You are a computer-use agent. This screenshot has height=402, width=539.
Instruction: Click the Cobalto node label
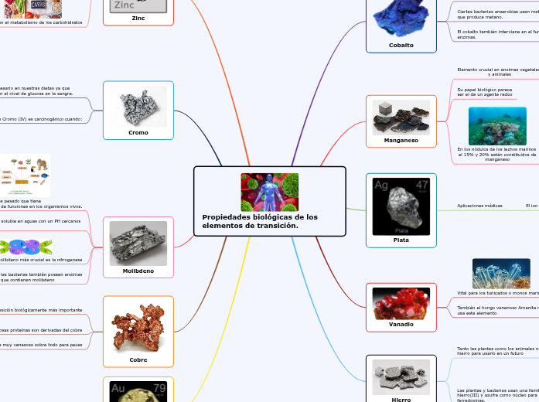(401, 45)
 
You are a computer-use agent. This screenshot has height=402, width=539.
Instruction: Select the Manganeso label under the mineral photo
(401, 140)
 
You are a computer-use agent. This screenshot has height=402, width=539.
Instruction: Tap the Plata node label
(401, 240)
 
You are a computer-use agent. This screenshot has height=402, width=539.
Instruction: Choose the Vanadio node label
(401, 324)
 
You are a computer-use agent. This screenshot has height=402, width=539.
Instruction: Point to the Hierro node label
(401, 399)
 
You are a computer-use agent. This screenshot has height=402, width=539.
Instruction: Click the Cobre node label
(138, 359)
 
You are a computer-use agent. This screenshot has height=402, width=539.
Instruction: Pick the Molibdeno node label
(138, 271)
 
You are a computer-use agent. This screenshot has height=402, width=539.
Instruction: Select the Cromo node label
(138, 132)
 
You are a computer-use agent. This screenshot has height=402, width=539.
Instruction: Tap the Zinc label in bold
(138, 18)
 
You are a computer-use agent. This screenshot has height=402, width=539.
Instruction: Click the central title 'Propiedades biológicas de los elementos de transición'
(260, 221)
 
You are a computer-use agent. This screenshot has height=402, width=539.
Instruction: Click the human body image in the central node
(269, 192)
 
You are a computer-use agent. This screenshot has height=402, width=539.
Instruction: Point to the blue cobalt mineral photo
(401, 17)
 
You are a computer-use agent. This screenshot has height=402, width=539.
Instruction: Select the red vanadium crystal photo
(401, 303)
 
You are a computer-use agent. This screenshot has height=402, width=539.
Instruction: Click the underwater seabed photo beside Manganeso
(497, 125)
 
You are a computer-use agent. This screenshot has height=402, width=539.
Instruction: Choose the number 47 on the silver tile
(421, 185)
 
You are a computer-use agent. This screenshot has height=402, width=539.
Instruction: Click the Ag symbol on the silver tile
(381, 186)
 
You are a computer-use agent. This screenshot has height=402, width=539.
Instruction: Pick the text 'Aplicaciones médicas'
(479, 206)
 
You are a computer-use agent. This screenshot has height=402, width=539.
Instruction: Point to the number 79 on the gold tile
(159, 388)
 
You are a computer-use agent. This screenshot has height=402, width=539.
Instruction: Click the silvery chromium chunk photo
(138, 107)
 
